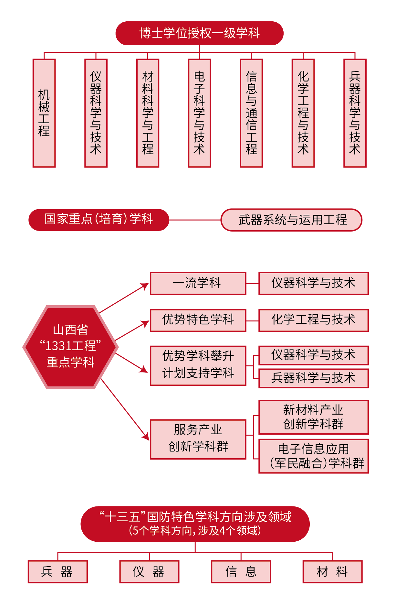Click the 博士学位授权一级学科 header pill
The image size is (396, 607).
point(199,33)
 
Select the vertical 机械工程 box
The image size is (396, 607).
point(44,113)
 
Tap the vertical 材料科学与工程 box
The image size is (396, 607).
point(148,113)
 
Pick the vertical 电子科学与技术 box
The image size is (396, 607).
point(200,113)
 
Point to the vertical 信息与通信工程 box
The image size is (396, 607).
point(251,113)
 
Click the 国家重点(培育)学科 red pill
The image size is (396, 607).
point(99,220)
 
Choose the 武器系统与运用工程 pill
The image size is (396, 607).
point(291,220)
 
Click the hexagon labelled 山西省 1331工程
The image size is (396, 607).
point(70,347)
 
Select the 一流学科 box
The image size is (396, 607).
point(198,283)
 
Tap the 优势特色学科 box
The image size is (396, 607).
point(198,320)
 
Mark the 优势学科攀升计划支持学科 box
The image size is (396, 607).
point(198,366)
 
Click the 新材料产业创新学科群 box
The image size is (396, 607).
point(314,417)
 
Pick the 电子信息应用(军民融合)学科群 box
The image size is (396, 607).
point(314,456)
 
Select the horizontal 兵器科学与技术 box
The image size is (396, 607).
point(314,378)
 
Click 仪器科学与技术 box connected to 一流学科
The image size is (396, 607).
point(314,283)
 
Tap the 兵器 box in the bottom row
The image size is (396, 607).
point(58,572)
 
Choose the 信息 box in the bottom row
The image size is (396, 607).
point(241,572)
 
